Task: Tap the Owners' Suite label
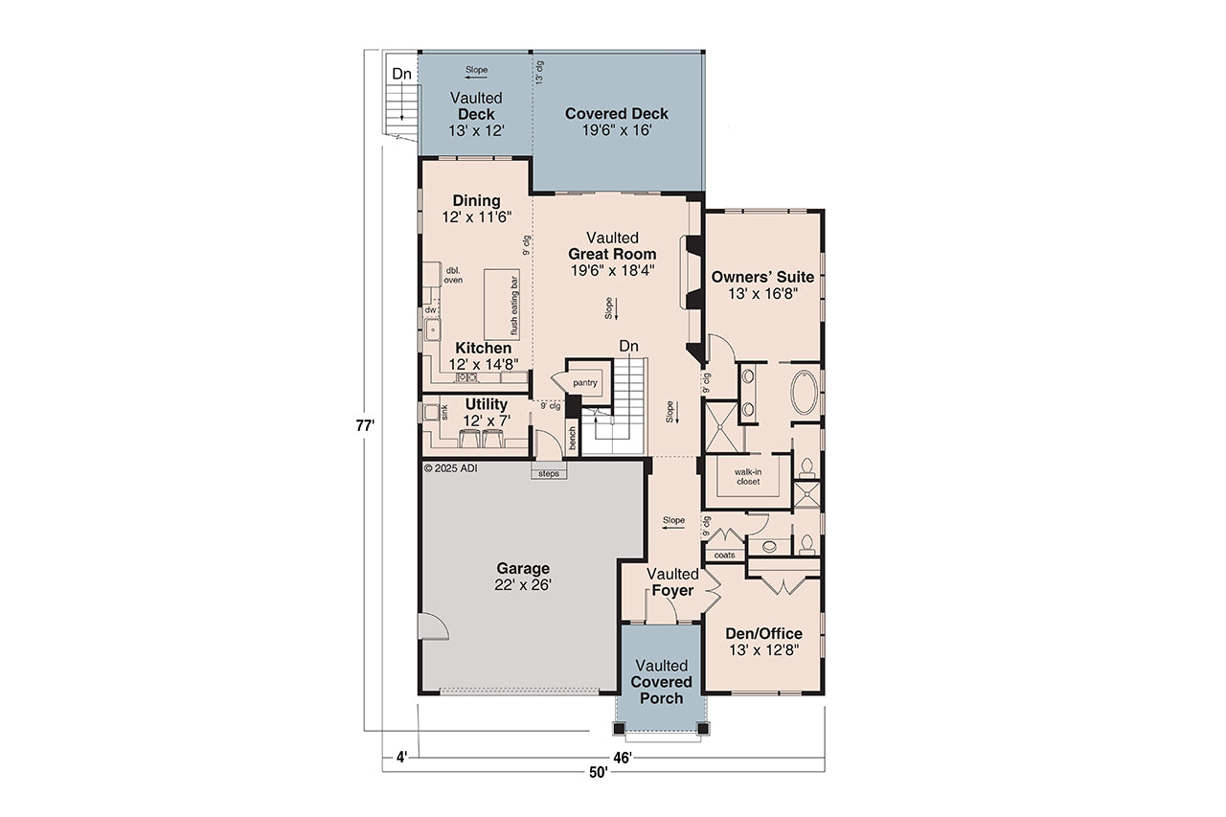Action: coord(762,278)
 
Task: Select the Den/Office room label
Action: coord(763,634)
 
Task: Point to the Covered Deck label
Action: coord(617,114)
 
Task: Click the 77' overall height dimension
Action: coord(367,424)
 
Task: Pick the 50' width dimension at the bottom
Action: coord(600,773)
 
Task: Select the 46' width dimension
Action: coord(623,758)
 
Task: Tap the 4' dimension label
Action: coord(401,758)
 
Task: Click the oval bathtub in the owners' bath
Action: coord(804,394)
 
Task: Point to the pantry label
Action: coord(585,383)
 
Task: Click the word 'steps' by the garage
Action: coord(549,473)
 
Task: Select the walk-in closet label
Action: coord(747,476)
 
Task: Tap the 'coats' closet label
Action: coord(724,555)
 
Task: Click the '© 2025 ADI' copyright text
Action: coord(450,468)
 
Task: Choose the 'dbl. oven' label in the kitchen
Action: coord(454,276)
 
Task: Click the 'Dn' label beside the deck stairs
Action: coord(402,74)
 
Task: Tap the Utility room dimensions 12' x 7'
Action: coord(487,420)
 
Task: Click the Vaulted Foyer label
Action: coord(672,582)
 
